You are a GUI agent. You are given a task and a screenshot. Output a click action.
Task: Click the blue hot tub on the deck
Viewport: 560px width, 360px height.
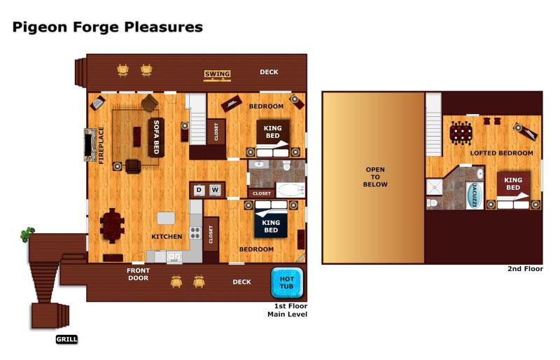coord(287,283)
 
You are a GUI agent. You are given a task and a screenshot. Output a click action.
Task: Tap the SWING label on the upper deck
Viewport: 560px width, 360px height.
coord(217,74)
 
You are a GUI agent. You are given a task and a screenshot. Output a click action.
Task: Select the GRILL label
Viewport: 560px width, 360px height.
coord(66,339)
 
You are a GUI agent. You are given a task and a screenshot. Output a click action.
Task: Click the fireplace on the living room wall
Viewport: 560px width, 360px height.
coord(89,144)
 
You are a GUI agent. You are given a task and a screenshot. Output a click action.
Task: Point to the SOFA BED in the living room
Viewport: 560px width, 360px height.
coord(156,137)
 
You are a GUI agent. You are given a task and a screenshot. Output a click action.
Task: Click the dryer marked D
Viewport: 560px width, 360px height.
coord(199,190)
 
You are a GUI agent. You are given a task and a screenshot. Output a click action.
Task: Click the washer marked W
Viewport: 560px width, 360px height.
coord(215,190)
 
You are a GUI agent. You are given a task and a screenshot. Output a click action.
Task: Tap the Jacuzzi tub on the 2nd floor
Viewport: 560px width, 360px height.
coord(475,195)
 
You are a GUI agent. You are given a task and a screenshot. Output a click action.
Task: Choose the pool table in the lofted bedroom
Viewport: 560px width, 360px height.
coord(461,132)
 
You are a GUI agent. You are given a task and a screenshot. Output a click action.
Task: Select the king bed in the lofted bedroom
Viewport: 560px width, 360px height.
coord(513,190)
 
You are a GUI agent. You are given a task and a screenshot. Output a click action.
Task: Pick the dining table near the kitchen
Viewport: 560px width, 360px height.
coord(113,226)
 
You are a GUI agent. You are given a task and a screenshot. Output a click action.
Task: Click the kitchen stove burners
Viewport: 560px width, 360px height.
coord(195,233)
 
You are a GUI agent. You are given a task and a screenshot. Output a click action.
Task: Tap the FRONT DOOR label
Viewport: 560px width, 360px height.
coord(138,274)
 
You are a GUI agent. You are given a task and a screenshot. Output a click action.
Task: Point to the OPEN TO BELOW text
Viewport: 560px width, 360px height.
coord(375,177)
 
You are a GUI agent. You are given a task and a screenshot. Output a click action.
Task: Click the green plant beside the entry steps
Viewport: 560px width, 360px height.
coord(27,235)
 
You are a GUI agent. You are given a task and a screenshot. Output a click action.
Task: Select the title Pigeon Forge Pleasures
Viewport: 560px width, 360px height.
coord(108,27)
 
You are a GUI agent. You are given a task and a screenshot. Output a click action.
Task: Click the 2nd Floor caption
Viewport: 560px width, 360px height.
coord(525,269)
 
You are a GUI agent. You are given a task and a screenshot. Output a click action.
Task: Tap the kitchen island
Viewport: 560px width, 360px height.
coord(166,218)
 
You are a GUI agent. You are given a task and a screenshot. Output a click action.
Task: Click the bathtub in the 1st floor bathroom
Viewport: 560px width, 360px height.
coord(290,190)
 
